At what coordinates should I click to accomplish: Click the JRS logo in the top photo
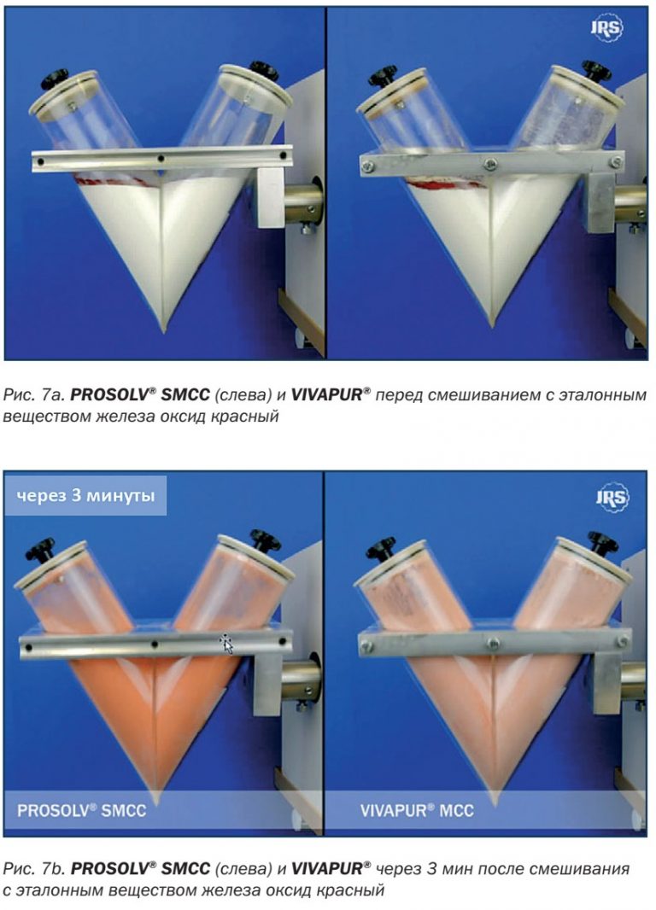tap(606, 28)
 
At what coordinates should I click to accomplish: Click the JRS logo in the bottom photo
tap(612, 497)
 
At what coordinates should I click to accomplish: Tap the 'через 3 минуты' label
tap(85, 496)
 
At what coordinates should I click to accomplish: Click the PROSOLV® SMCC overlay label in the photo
tap(82, 809)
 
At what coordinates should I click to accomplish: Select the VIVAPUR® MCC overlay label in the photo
tap(417, 809)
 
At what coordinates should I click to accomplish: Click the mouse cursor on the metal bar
tap(226, 644)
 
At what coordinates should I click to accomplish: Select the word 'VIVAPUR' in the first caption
tap(326, 395)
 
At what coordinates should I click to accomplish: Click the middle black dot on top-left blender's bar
tap(161, 158)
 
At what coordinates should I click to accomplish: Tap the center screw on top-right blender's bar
tap(490, 164)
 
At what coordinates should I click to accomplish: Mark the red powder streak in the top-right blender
tap(446, 185)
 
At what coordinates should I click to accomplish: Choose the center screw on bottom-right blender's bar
tap(494, 643)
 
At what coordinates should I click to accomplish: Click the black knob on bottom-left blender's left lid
tap(40, 547)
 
